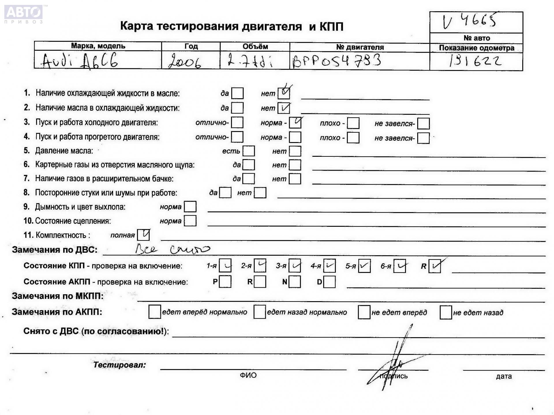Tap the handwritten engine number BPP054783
[x=336, y=61]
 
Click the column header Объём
[x=255, y=46]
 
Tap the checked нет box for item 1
[x=284, y=93]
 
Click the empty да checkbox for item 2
[x=237, y=108]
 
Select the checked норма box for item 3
[x=295, y=122]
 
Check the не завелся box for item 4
[x=423, y=138]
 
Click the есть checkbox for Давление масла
[x=249, y=151]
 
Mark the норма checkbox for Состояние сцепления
[x=190, y=221]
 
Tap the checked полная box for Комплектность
[x=143, y=235]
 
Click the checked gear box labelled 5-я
[x=364, y=266]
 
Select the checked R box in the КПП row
[x=435, y=266]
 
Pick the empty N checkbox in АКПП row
[x=295, y=282]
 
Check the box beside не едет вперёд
[x=364, y=312]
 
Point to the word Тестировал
[x=119, y=365]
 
